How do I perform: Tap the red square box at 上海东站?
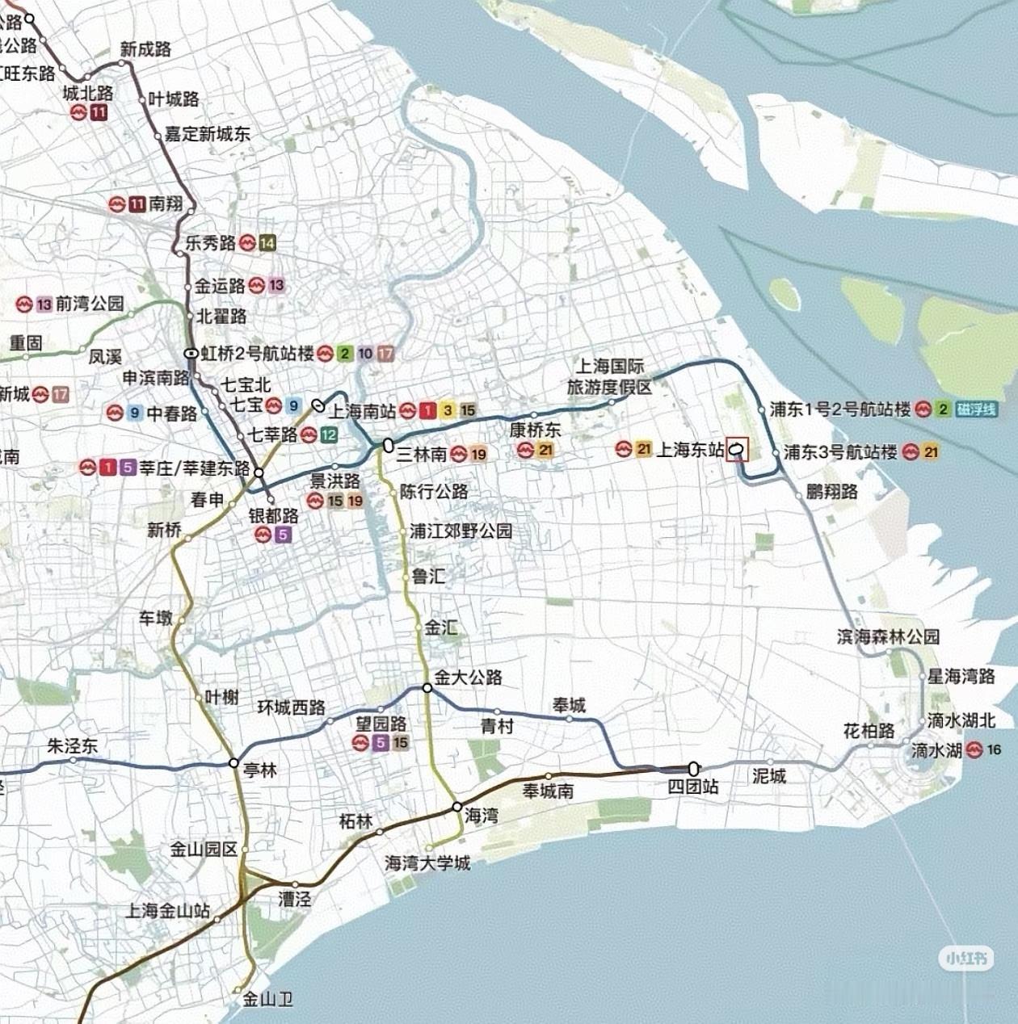click(x=738, y=449)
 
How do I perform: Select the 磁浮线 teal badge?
click(x=975, y=409)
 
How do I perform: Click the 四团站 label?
click(x=692, y=787)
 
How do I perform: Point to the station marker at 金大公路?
click(x=427, y=688)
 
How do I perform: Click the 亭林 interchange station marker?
click(x=233, y=762)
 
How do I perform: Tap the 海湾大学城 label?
click(x=427, y=863)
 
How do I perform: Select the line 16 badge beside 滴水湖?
click(x=994, y=749)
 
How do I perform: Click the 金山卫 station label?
click(x=267, y=1000)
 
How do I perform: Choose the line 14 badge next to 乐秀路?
click(x=267, y=242)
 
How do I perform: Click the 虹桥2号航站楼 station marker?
click(x=191, y=353)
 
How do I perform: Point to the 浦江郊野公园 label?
click(x=461, y=531)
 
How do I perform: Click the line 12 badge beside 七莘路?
click(x=328, y=435)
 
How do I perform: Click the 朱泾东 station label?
click(x=73, y=745)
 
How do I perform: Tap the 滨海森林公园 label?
click(x=888, y=636)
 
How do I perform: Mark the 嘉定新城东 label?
click(x=208, y=134)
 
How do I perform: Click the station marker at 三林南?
click(x=388, y=445)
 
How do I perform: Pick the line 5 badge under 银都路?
click(x=282, y=535)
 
